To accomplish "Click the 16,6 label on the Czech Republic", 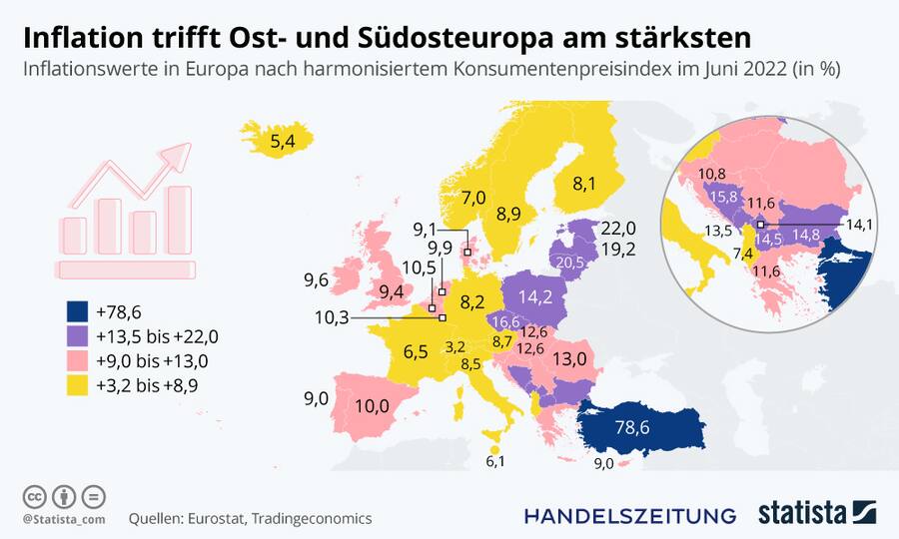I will pyautogui.click(x=505, y=321).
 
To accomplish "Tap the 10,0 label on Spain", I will pyautogui.click(x=371, y=405).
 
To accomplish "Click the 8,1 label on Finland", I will pyautogui.click(x=584, y=184).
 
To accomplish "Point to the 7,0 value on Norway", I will pyautogui.click(x=473, y=197).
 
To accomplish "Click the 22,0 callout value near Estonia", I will pyautogui.click(x=618, y=229).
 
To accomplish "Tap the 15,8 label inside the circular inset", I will pyautogui.click(x=724, y=197).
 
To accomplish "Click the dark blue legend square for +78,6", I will pyautogui.click(x=74, y=312).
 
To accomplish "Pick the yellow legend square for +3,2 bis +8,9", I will pyautogui.click(x=74, y=384).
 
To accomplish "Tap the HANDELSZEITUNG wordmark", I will pyautogui.click(x=630, y=515).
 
